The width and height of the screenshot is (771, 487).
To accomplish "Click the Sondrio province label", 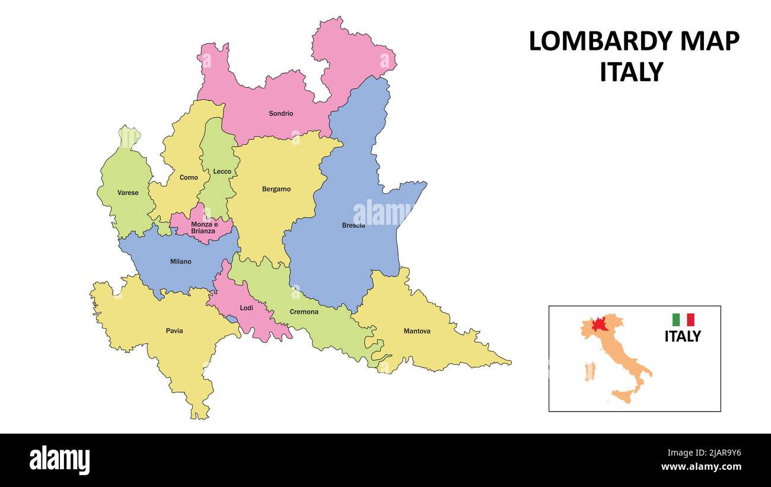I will tap(281, 113).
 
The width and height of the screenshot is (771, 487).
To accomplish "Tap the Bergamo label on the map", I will tap(276, 189).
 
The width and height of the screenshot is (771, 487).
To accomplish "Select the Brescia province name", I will tap(353, 225).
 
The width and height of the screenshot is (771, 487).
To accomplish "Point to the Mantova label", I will tap(417, 331).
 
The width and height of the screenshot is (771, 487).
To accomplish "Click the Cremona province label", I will tap(304, 312).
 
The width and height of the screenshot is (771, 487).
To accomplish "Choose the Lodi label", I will tap(246, 308).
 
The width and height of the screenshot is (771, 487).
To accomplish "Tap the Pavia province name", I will tap(174, 331).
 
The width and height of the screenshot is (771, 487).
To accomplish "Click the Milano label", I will tap(181, 262).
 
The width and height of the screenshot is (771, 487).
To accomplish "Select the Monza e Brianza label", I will tap(203, 227).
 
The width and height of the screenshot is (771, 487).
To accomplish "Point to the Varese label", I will tap(128, 193).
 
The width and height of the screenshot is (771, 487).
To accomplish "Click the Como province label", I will tap(189, 177).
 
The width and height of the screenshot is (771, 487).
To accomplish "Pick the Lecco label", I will tap(222, 171).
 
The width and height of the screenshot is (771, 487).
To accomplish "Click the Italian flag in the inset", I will tap(683, 320).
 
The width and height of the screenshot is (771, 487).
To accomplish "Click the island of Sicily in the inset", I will tap(622, 396).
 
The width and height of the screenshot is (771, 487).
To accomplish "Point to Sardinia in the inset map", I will tap(589, 372).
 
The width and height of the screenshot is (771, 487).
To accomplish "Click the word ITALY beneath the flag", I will tap(682, 336).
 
